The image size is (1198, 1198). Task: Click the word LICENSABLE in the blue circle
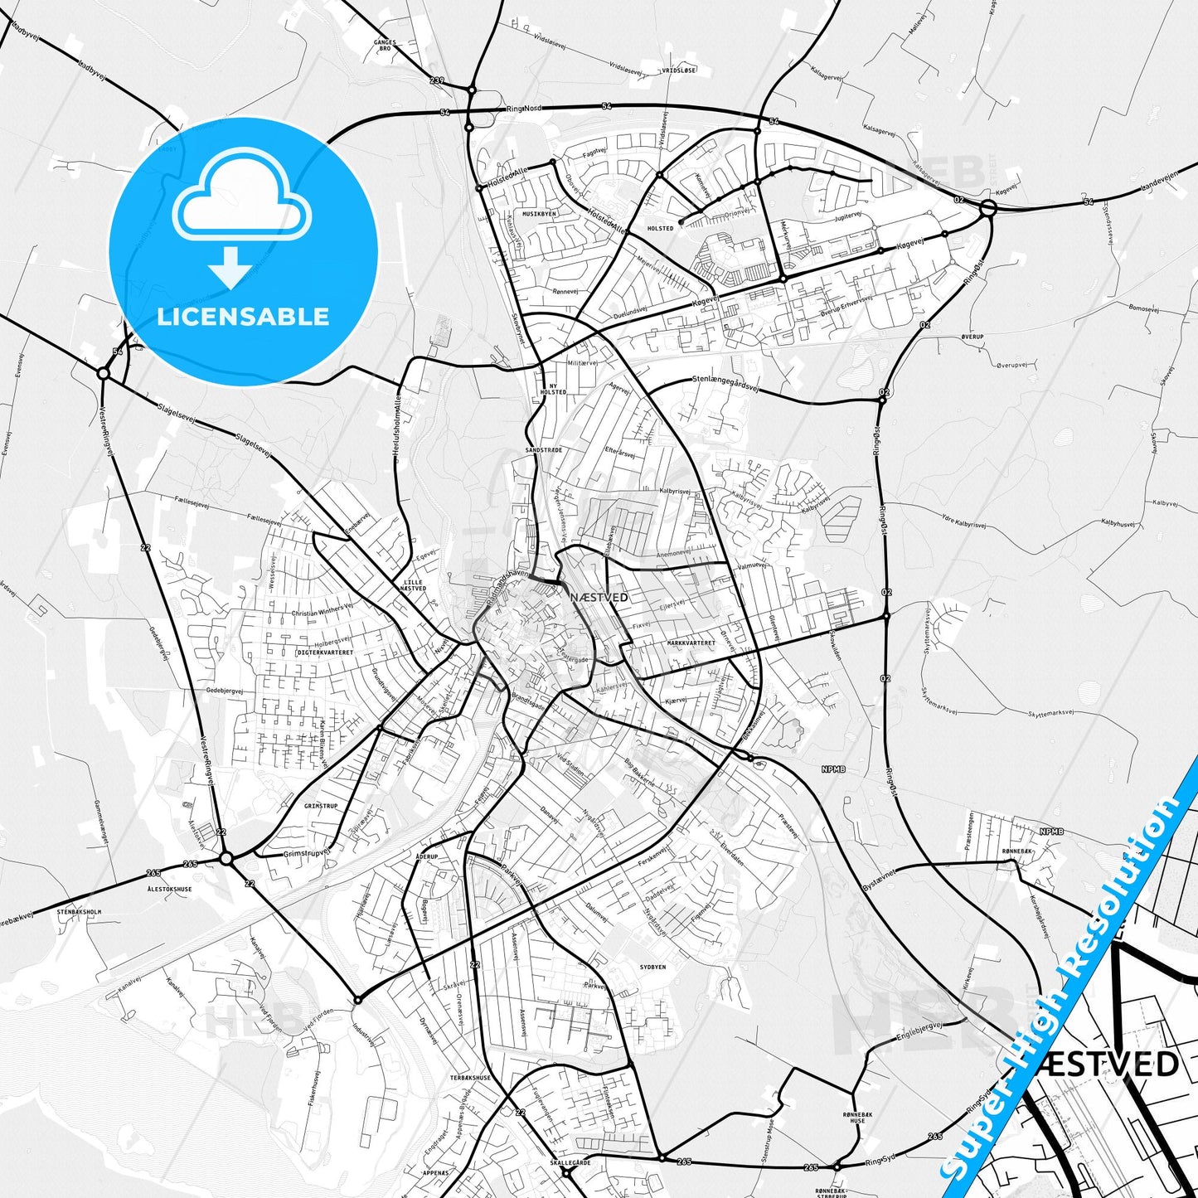[x=243, y=317]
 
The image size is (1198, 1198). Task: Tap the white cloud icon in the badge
[x=242, y=200]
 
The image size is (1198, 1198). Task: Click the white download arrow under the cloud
[x=230, y=267]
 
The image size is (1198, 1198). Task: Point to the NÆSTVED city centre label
[x=599, y=597]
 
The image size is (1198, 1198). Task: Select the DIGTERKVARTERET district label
[x=325, y=652]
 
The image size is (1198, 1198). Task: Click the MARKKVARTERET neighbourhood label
[x=691, y=643]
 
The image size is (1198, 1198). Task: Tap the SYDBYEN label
[x=652, y=967]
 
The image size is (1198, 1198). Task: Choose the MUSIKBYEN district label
[x=539, y=213]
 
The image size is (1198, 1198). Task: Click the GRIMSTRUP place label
[x=321, y=806]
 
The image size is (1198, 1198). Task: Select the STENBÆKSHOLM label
[x=79, y=911]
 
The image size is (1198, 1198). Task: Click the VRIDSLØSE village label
[x=679, y=71]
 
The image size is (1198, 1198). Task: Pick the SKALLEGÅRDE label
[x=570, y=1162]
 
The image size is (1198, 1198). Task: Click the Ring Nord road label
[x=523, y=109]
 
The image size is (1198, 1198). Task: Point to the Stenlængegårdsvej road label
[x=725, y=383]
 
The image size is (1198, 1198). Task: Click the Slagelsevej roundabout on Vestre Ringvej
[x=104, y=374]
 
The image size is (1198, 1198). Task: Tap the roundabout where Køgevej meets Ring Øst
[x=987, y=207]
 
